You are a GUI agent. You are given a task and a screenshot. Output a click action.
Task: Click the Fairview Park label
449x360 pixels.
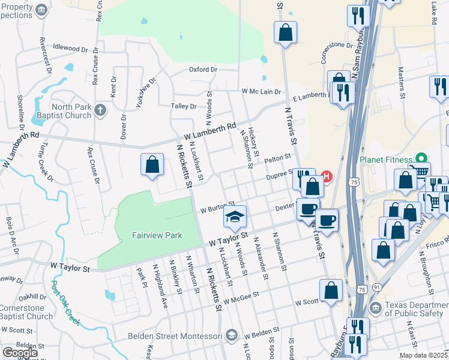click(x=157, y=236)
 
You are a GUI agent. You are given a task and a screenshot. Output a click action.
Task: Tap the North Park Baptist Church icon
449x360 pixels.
click(x=100, y=110)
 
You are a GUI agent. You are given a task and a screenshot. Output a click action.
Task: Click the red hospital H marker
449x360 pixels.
click(x=327, y=176)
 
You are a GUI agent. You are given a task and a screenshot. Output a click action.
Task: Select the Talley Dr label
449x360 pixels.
click(x=184, y=106)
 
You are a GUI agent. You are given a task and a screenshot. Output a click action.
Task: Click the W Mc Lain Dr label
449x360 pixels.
click(x=261, y=91)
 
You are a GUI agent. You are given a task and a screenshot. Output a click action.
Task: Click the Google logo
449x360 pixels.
click(x=20, y=353)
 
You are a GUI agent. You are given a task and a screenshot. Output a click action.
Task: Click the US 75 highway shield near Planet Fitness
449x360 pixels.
click(x=355, y=181)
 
